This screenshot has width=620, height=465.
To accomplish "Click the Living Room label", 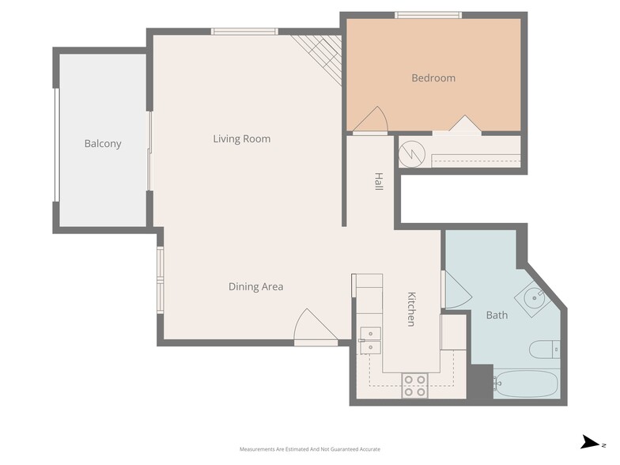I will point(241,139).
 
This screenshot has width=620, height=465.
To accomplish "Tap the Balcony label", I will point(103,144).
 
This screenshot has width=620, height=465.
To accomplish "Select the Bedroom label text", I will point(433,78).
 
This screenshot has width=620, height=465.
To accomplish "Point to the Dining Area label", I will point(255,287).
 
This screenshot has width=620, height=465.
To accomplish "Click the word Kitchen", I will point(411,309).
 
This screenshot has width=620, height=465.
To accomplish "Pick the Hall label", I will point(379,182).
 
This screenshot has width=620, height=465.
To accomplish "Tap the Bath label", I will point(497,316).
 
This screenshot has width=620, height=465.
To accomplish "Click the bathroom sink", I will point(531,298).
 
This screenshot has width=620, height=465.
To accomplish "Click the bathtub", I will point(526,384).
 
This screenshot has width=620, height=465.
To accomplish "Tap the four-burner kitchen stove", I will point(415,385).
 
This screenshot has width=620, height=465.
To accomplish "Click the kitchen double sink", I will point(369,340).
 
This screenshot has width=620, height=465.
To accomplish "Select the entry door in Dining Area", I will point(315,328).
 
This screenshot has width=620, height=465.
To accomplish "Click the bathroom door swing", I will point(456,290).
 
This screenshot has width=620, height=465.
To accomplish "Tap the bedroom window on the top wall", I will point(428,14).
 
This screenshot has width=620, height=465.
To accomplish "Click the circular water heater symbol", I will point(412,154).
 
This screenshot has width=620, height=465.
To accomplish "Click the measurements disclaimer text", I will point(309,448).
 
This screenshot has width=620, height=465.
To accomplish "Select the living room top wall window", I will point(244,32).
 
